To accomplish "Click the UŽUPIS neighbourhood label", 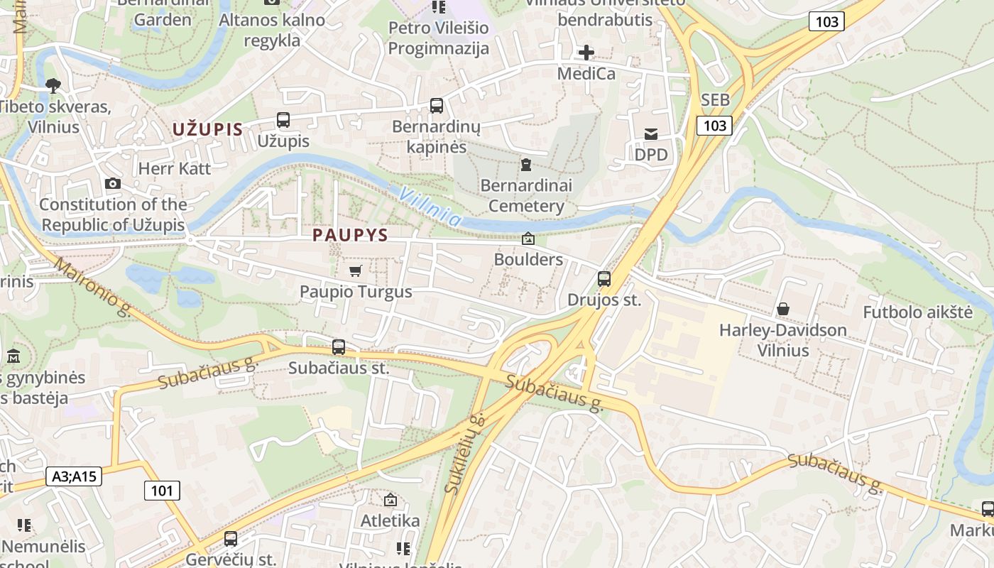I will click(x=207, y=130).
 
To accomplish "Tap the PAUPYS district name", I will click(x=350, y=235).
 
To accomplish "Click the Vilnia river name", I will click(x=430, y=207).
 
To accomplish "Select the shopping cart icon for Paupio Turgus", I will click(x=356, y=271).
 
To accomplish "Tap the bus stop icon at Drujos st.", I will click(x=604, y=278).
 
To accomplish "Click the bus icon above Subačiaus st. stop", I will click(x=339, y=347).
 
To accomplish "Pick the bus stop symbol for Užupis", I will click(x=283, y=120).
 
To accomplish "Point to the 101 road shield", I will click(x=162, y=490).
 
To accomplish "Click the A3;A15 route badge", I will click(x=75, y=476).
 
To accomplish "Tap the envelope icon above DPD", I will click(x=651, y=133).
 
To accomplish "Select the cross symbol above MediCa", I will click(x=586, y=53).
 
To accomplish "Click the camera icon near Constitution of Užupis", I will click(x=112, y=184).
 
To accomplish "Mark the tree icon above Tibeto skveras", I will click(x=53, y=86).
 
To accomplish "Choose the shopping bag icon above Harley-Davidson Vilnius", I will click(x=783, y=309).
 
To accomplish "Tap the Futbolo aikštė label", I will click(x=917, y=312).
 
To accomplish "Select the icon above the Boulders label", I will click(x=528, y=239).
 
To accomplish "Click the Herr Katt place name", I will click(x=175, y=168).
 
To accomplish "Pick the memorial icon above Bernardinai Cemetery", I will click(x=526, y=165).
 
